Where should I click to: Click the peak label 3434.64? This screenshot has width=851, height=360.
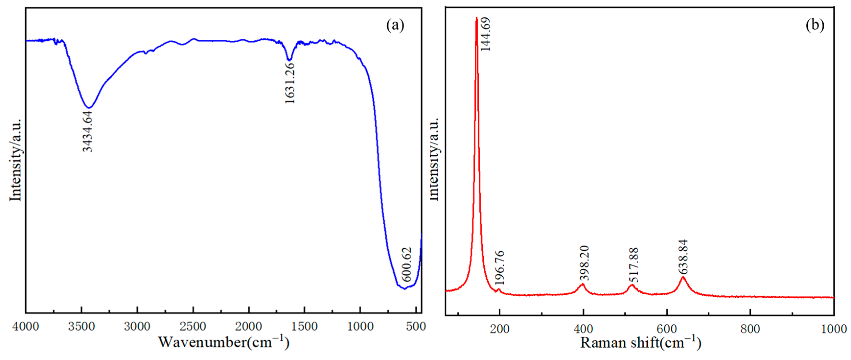tap(88, 131)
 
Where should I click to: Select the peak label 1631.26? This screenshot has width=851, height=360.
tap(290, 83)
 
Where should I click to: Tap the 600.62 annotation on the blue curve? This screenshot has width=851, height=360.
tap(407, 264)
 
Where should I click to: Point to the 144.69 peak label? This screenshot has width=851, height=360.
tap(486, 34)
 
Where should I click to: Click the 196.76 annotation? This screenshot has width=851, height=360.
tap(500, 268)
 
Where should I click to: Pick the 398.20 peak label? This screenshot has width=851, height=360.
tap(584, 263)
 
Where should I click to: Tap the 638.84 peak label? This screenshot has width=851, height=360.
tap(683, 257)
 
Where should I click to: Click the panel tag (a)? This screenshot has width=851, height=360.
tap(395, 25)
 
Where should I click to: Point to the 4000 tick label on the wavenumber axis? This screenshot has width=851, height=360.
tap(25, 327)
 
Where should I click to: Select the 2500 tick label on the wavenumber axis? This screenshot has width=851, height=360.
tap(193, 327)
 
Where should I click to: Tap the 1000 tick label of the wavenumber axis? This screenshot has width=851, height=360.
tap(360, 327)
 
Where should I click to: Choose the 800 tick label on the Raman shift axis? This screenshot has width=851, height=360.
tap(750, 329)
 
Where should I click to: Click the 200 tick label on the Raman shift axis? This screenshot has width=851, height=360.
tap(499, 329)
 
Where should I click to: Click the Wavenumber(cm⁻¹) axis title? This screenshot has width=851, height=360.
tap(224, 342)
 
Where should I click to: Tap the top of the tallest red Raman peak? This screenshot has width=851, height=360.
tap(477, 18)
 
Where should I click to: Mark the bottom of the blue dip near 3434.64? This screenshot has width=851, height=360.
tap(89, 107)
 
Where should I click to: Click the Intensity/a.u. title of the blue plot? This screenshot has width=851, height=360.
tap(15, 160)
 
